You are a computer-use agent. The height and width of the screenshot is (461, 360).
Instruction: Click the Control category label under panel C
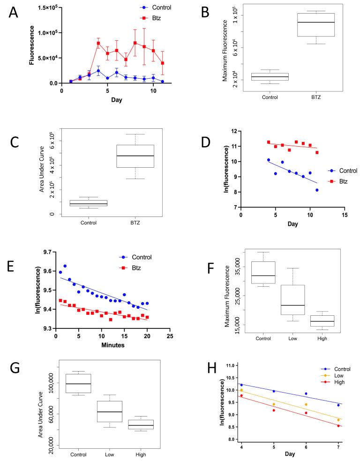89,223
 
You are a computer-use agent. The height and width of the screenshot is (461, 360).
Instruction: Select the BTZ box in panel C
135,156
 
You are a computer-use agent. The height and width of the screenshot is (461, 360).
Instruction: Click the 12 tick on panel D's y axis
233,131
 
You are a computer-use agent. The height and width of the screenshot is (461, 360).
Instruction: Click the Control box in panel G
78,383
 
